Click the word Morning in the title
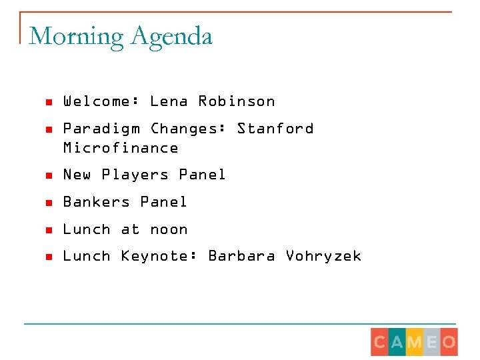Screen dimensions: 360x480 [x=77, y=36]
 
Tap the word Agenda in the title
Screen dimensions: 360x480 [x=171, y=36]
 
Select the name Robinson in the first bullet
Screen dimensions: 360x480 [x=236, y=101]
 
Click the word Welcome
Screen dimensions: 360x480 [x=101, y=101]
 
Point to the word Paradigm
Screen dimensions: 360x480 [x=101, y=129]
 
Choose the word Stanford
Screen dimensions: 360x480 [x=275, y=128]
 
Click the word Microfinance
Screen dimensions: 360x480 [x=121, y=148]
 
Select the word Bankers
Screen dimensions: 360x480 [x=96, y=202]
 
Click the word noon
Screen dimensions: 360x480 [x=169, y=229]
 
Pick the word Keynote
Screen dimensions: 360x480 [x=159, y=256]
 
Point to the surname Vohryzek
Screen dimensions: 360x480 [x=323, y=256]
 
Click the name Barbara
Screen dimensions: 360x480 [x=241, y=256]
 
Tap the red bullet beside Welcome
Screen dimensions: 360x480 [x=48, y=103]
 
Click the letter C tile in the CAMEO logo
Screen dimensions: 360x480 [x=380, y=343]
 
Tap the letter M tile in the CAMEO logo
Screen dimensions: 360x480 [x=415, y=343]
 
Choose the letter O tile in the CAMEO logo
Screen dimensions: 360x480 [x=449, y=343]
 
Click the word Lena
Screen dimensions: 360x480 [x=169, y=101]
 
